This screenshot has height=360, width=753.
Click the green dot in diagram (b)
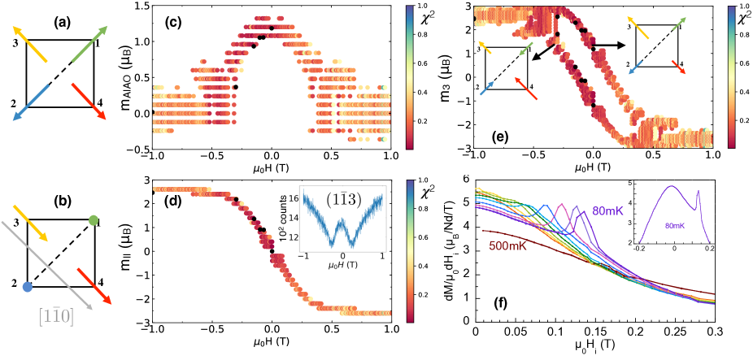(93, 220)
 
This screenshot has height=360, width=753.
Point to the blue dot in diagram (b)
(29, 287)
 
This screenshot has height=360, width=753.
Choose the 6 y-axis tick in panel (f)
(467, 179)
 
